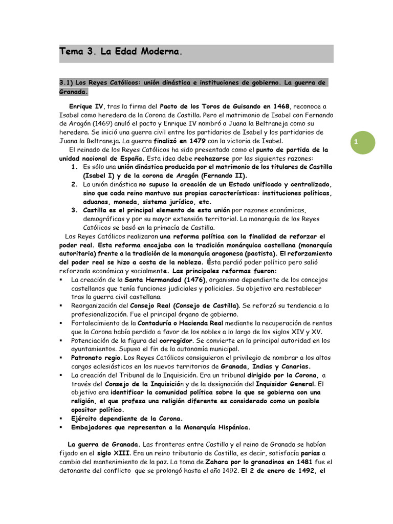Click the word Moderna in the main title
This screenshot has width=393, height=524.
coord(160,52)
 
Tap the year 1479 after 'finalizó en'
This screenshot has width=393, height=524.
coord(196,141)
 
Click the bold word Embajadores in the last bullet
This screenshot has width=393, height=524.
coord(97,427)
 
